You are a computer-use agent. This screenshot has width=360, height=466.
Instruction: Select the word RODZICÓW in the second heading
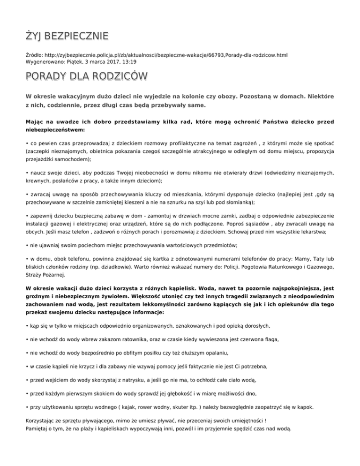click(115, 76)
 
